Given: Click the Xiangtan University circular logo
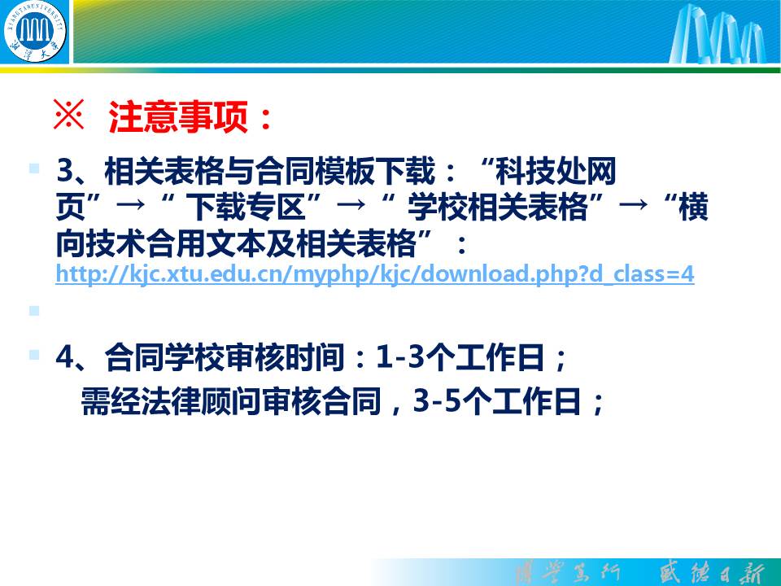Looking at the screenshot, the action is (34, 31).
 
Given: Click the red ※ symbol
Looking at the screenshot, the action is (68, 115).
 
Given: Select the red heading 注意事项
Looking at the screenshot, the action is (179, 116).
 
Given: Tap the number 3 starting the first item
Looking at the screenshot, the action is (66, 171).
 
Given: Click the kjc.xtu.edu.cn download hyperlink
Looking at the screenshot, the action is (375, 273).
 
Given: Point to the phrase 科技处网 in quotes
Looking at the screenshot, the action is (555, 171).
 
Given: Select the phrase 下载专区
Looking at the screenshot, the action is (245, 207).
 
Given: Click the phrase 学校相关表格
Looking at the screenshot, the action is (498, 207).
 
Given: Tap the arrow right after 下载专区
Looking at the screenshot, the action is (351, 203).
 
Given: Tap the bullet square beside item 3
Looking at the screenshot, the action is (34, 168).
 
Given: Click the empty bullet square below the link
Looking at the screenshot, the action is (34, 311).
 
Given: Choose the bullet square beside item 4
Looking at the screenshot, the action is (34, 355).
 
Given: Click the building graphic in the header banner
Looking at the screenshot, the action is (718, 33).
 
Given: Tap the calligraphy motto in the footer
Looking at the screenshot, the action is (640, 573).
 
